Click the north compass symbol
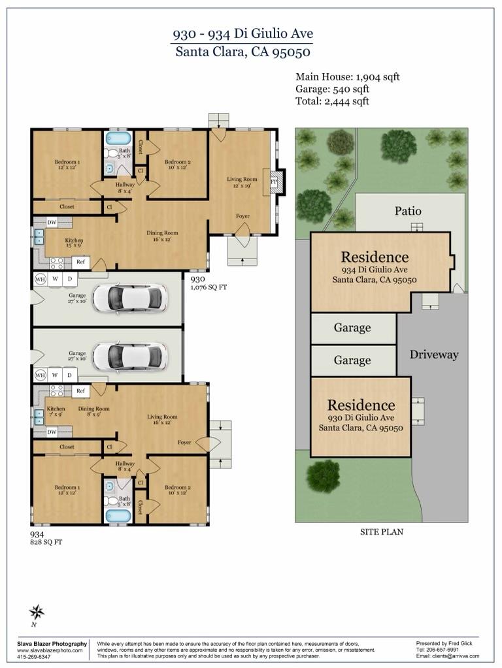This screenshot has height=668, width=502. [37, 612]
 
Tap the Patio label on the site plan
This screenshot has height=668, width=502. [408, 211]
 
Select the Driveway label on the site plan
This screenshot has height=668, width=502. [434, 355]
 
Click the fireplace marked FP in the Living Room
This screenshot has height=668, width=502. [275, 182]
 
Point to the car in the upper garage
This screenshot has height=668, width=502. [130, 298]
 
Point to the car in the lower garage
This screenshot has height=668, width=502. [130, 357]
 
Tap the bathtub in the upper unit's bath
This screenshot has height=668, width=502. [118, 138]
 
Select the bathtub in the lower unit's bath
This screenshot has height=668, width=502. [118, 515]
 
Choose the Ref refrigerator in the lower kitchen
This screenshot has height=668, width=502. [81, 391]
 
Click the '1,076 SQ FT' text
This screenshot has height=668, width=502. [209, 287]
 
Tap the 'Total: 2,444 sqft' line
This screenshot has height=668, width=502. [332, 101]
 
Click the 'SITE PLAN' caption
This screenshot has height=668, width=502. [382, 532]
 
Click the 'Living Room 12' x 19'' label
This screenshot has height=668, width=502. [243, 182]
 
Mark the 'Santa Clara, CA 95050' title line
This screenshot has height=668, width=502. [243, 51]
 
